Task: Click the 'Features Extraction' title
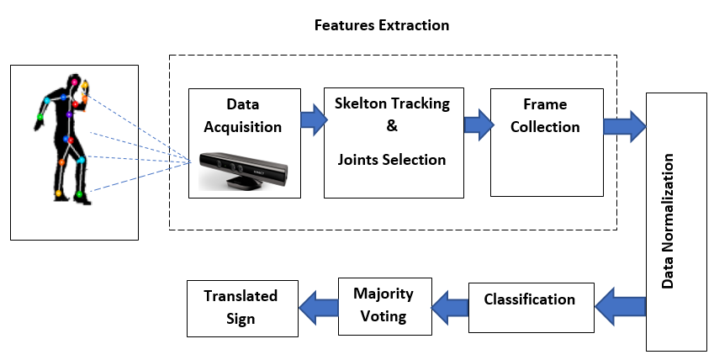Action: (382, 25)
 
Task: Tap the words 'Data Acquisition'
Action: (243, 115)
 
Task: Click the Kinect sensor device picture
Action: (243, 171)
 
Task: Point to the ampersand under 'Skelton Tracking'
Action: (392, 126)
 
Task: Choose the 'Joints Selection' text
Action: (392, 160)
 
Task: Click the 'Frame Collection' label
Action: (545, 115)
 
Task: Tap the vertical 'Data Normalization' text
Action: (667, 221)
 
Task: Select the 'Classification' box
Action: (532, 308)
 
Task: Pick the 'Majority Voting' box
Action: (385, 306)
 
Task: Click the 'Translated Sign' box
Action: (243, 309)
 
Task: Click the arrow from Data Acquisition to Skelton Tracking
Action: (315, 119)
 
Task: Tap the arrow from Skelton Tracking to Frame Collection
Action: (479, 124)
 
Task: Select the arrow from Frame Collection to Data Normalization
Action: (625, 126)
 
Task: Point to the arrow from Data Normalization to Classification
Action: (620, 306)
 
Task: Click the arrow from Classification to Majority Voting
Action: (450, 308)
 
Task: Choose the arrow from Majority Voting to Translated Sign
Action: (318, 307)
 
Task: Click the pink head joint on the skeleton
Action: (74, 82)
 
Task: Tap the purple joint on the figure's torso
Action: (69, 115)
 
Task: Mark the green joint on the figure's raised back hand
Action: (40, 117)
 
